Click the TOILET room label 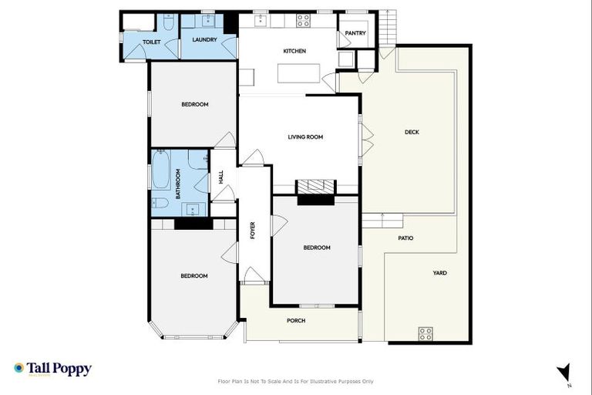pyautogui.click(x=151, y=42)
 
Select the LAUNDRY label pyautogui.click(x=204, y=39)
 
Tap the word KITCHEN pyautogui.click(x=294, y=51)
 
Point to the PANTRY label pyautogui.click(x=355, y=33)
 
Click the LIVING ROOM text pyautogui.click(x=305, y=137)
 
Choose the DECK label pyautogui.click(x=412, y=132)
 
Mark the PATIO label pyautogui.click(x=405, y=238)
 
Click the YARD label pyautogui.click(x=439, y=273)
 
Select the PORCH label pyautogui.click(x=296, y=320)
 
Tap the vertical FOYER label pyautogui.click(x=252, y=230)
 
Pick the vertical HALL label pyautogui.click(x=221, y=177)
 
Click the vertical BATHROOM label pyautogui.click(x=178, y=185)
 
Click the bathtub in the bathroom pyautogui.click(x=160, y=170)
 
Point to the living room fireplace pyautogui.click(x=316, y=187)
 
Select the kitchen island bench pyautogui.click(x=298, y=74)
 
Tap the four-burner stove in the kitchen pyautogui.click(x=303, y=21)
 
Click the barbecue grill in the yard pyautogui.click(x=425, y=333)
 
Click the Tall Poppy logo pyautogui.click(x=52, y=369)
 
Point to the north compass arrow pyautogui.click(x=564, y=372)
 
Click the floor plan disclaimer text pyautogui.click(x=296, y=381)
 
